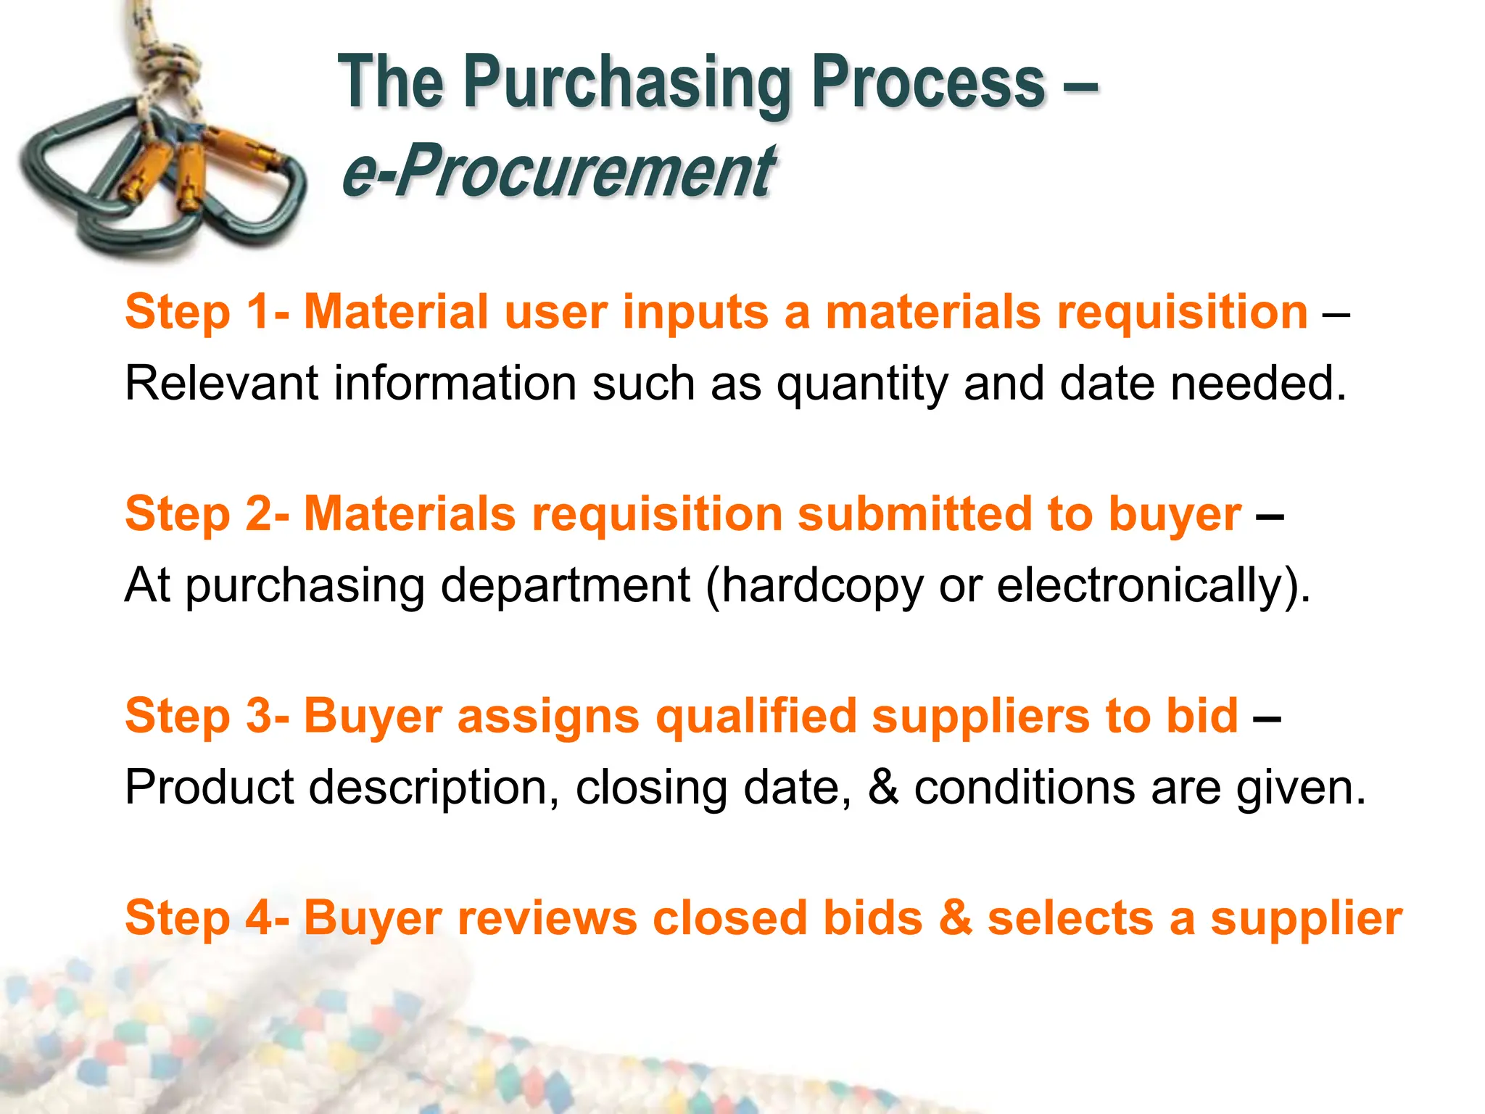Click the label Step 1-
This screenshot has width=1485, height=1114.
pos(207,313)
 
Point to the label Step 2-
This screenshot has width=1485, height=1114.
pos(207,514)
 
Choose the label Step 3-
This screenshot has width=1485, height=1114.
pos(207,716)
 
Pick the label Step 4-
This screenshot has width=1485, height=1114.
pos(207,918)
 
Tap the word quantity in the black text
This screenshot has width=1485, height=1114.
pos(862,384)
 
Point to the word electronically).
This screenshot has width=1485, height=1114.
pos(1154,586)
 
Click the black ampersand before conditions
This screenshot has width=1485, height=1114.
pos(882,788)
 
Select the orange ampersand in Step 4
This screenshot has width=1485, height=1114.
pos(955,918)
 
